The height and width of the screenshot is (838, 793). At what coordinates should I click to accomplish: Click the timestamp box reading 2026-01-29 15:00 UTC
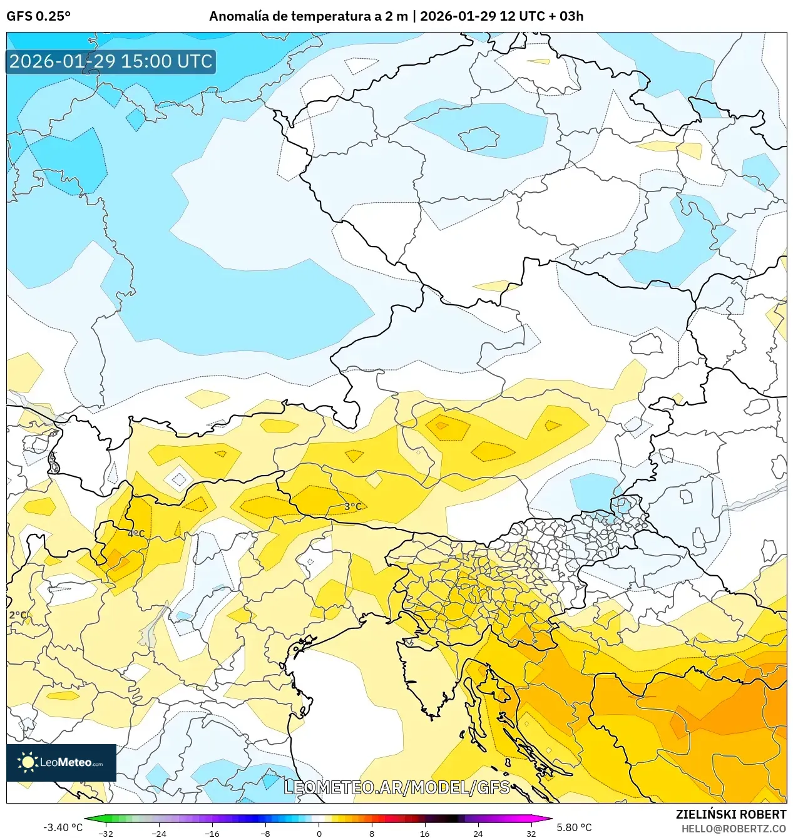pos(111,61)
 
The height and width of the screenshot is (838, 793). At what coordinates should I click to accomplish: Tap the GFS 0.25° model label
pos(38,16)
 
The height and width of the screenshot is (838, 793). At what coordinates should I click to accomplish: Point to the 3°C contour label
pos(353,506)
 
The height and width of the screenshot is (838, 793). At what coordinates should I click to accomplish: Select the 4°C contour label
pos(136,534)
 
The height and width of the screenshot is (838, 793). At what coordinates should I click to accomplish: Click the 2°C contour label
pos(18,615)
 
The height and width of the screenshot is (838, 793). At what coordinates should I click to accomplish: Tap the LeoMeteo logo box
pos(61,762)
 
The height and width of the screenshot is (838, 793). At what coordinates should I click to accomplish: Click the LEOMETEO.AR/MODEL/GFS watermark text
pos(397,787)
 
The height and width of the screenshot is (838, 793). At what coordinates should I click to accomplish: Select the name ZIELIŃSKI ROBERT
pos(730,814)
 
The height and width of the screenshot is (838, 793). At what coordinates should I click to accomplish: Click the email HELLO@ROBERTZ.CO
pos(733,829)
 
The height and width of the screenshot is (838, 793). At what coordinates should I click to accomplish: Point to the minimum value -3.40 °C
pos(63,827)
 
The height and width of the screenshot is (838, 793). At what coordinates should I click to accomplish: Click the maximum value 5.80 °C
pos(574,827)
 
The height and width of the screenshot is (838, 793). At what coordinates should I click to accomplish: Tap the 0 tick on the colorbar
pos(319,833)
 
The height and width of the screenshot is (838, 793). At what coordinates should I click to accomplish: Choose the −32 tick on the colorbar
pos(106,833)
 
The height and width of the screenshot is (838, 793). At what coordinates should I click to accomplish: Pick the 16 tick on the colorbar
pos(424,833)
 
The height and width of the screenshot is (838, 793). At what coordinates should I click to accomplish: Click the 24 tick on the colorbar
pos(478,833)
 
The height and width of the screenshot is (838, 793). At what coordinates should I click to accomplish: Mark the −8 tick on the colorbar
pos(265,833)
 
